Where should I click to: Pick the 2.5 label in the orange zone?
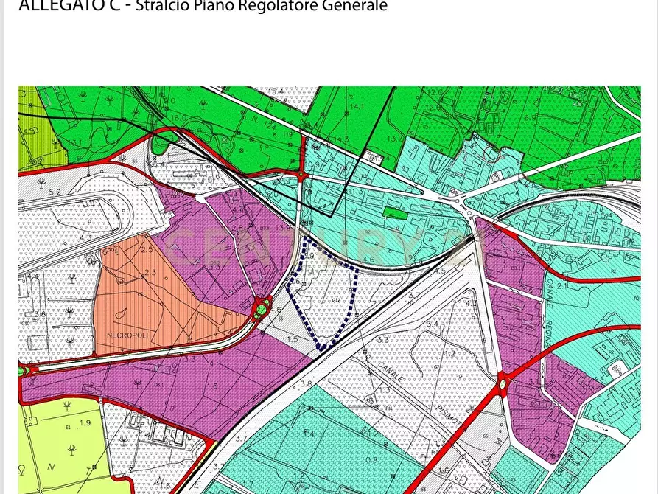(147, 250)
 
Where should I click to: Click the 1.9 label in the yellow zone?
(85, 422)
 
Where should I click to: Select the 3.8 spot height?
(306, 384)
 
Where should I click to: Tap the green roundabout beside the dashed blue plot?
(260, 310)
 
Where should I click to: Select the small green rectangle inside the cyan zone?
(395, 214)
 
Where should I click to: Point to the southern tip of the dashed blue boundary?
(320, 347)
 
